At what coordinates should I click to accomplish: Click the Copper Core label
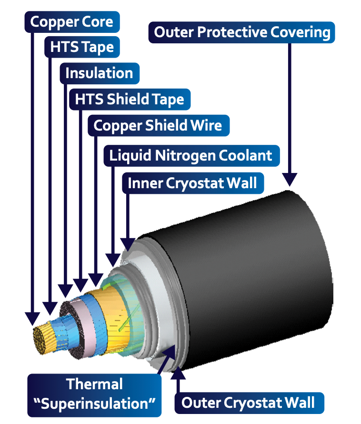coord(71,21)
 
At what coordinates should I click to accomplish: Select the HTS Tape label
coord(82,47)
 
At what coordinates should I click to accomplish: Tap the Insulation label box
coord(99,73)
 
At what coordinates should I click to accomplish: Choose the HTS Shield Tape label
coord(129,100)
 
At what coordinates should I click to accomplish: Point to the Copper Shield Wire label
coord(158,125)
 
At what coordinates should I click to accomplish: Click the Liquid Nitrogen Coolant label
coord(191,155)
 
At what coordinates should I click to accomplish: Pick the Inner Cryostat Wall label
coord(192,183)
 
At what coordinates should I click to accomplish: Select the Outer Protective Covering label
coord(242,32)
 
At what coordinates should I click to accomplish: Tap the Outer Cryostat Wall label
coord(248,403)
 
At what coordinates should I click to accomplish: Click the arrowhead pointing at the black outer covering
coord(290,179)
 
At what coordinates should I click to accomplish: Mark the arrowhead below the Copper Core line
coord(31,318)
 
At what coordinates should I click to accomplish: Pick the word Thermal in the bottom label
coord(94,384)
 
